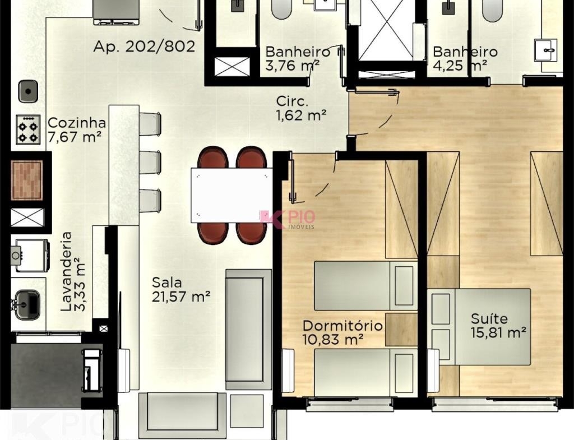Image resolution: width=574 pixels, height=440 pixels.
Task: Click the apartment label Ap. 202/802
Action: pos(144,47)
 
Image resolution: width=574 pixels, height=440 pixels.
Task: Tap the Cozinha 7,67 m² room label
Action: pos(76,130)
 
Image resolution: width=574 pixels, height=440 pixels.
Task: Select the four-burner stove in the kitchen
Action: pos(28,129)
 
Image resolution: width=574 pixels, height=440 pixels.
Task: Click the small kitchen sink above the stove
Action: pos(28,91)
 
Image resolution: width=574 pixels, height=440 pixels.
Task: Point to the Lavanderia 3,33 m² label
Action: pos(73,272)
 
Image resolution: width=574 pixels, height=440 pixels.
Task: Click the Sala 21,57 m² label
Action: pos(181,289)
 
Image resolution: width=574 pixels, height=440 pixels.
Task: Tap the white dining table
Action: pos(232,195)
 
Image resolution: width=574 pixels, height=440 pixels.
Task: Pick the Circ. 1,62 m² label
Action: pos(301,108)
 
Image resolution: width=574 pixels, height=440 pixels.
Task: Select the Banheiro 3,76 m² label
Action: pos(297,58)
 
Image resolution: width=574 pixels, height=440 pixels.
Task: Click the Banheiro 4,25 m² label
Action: pos(465,58)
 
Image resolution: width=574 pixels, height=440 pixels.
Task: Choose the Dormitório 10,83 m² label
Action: pos(342,332)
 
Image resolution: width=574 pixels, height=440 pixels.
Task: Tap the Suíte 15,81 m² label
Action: pos(498,325)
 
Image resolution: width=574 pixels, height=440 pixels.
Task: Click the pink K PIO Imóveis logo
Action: pos(287,219)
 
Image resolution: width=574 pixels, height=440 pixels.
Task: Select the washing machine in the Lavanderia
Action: pos(31,256)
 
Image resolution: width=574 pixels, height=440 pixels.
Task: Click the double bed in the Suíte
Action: pos(479,327)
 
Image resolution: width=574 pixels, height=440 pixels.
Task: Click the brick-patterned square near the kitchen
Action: pos(27,180)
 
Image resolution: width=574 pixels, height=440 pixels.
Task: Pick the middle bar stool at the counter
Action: pos(150,162)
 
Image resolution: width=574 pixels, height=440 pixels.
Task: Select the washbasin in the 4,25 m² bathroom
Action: pos(546,50)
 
